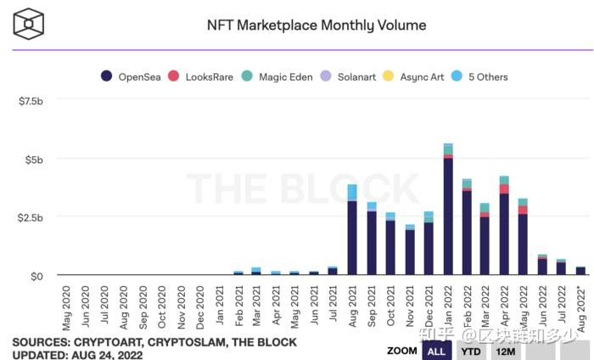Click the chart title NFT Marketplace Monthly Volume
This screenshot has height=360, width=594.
click(317, 25)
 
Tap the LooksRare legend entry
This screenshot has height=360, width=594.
click(201, 76)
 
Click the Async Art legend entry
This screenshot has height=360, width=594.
click(412, 76)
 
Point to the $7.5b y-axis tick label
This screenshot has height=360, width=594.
click(31, 101)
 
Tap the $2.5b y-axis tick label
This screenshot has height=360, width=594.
click(31, 217)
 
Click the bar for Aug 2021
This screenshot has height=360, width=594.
click(352, 229)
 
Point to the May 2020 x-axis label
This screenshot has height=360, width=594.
click(67, 307)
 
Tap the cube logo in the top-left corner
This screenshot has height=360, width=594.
click(28, 24)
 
